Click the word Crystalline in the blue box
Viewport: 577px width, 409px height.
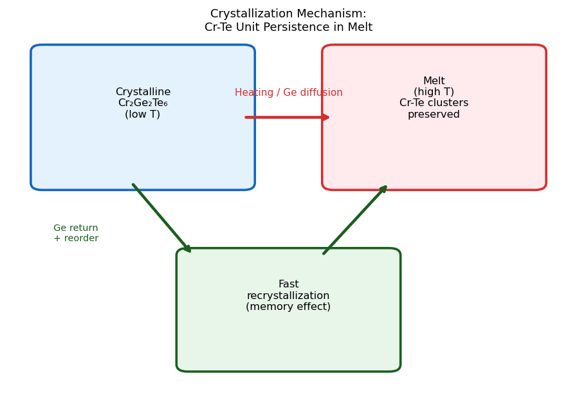point(143,92)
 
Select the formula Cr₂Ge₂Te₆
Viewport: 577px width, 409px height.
point(143,103)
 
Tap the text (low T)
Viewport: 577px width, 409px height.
point(143,114)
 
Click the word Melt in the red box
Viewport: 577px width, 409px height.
point(434,81)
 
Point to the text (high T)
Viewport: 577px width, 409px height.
point(434,92)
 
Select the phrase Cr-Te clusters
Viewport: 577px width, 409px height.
point(434,103)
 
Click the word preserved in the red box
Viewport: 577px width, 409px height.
point(434,114)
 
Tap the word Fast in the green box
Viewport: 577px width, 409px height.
point(288,284)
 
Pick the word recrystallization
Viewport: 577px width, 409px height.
point(288,296)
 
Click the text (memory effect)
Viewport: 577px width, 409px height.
point(288,307)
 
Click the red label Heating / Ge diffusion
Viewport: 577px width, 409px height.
point(288,93)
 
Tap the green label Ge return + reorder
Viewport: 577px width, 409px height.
point(76,233)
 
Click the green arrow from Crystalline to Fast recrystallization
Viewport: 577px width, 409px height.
point(161,217)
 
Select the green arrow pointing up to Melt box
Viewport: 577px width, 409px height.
point(354,220)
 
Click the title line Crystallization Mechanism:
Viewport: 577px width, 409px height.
point(288,14)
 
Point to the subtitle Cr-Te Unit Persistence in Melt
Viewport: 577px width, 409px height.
point(288,28)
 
